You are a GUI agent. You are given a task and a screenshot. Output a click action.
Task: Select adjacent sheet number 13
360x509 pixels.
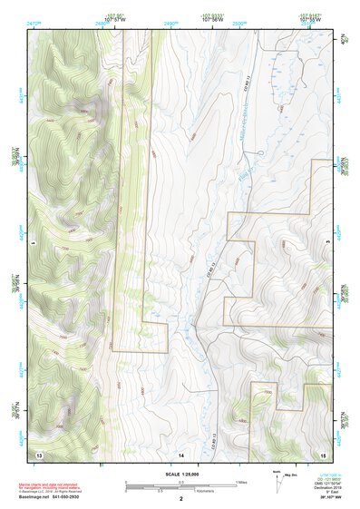coord(38,453)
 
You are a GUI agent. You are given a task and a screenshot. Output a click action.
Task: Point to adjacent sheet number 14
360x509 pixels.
coord(181,453)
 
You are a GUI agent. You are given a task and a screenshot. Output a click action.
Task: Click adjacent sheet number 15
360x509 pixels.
coord(323,453)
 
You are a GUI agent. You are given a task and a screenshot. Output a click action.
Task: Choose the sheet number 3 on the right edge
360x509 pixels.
coord(328,243)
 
